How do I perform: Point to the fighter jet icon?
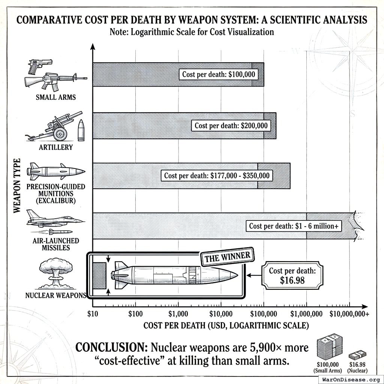(x=54, y=219)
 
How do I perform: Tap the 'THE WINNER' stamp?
(x=227, y=258)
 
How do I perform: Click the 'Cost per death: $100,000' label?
(x=219, y=74)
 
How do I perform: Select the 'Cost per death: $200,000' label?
(x=231, y=125)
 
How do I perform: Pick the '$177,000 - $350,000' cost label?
(x=217, y=175)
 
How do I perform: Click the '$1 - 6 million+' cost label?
(x=294, y=226)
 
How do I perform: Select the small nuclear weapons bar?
(x=99, y=276)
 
